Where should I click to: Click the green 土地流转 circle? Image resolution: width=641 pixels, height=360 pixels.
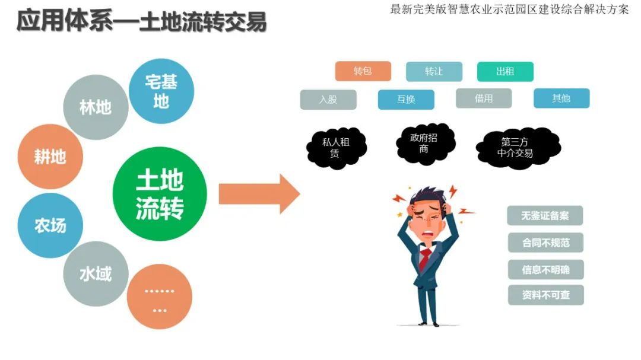(x=160, y=194)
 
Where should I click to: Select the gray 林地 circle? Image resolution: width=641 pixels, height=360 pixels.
(x=96, y=107)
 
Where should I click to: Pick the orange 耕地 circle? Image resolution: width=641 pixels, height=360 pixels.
(x=50, y=157)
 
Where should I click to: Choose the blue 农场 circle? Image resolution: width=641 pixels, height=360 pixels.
(x=50, y=225)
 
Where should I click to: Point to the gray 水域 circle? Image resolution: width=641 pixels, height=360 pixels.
(x=96, y=274)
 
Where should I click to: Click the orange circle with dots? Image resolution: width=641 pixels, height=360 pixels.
(x=159, y=297)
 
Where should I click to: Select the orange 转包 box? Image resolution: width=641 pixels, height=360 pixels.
(x=363, y=71)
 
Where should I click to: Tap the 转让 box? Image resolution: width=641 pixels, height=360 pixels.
(x=434, y=71)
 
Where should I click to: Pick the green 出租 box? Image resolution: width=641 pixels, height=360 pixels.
(x=505, y=71)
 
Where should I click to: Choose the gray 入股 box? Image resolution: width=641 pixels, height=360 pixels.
(x=328, y=99)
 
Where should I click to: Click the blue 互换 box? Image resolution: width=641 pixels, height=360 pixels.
(x=406, y=99)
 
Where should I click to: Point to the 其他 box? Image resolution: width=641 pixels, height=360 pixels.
(x=561, y=98)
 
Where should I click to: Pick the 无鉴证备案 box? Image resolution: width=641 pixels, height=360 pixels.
(x=545, y=215)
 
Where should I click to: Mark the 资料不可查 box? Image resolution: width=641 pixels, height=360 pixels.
(x=545, y=295)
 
